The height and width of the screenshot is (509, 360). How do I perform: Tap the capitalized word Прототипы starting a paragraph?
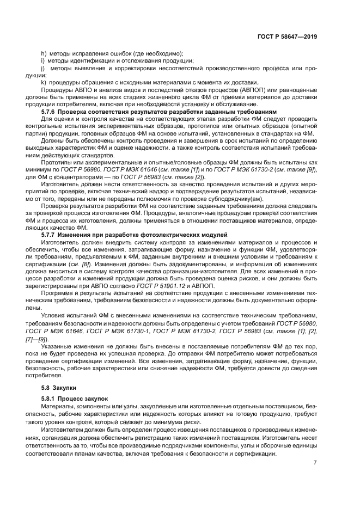[58, 162]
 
